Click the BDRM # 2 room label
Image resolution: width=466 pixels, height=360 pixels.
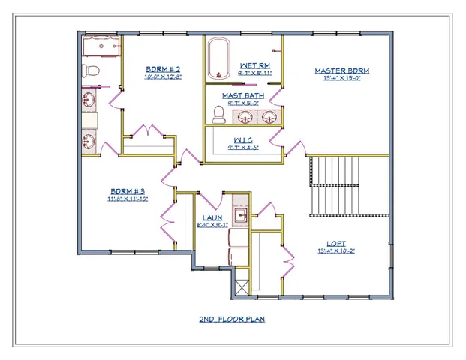coord(163,69)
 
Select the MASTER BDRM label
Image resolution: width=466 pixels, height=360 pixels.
coord(341,70)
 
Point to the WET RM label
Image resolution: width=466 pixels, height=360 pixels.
coord(255,65)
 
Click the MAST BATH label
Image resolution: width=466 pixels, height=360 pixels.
coord(242,95)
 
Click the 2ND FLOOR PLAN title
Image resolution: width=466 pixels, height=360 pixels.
coord(232,319)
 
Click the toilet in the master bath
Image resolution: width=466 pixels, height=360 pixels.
coord(219,114)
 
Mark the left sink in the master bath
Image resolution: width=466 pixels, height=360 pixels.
coord(245,116)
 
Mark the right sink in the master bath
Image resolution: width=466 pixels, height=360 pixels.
coord(269,116)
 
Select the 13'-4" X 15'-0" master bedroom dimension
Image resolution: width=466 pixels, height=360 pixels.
coord(341,78)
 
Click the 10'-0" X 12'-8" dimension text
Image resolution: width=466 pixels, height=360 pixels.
coord(163,76)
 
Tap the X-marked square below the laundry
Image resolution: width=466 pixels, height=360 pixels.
coord(241,284)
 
